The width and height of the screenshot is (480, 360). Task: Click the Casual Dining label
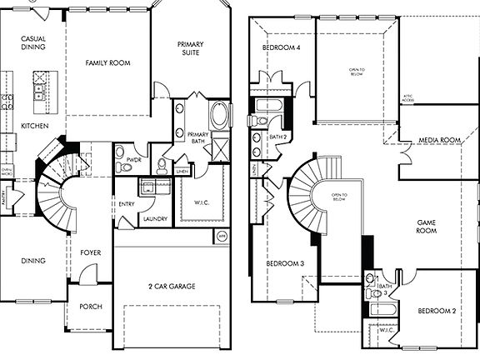pos(32,43)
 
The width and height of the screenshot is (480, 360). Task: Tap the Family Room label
pos(107,61)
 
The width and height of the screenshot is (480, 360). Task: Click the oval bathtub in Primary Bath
pos(219,115)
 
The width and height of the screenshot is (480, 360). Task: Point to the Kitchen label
pos(34,126)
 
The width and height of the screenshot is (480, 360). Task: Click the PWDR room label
pos(132,157)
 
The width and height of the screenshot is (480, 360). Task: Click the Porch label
pos(90,307)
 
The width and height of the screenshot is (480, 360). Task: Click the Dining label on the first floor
pos(32,260)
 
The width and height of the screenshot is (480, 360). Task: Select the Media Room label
pos(439,140)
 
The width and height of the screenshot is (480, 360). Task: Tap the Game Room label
pos(427,226)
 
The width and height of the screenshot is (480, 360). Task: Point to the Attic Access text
pos(407,98)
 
